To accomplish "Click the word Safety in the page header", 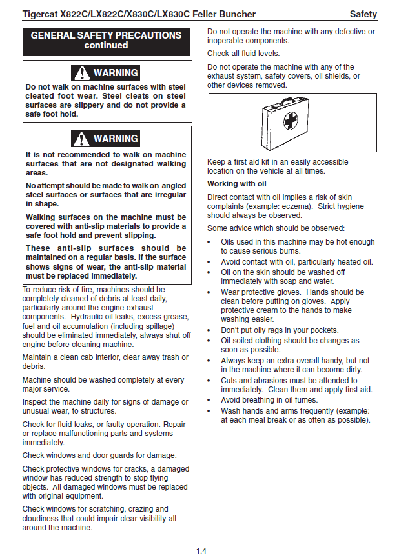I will [363, 14].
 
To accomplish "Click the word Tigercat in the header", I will [41, 14].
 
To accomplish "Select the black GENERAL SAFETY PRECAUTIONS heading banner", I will [107, 41].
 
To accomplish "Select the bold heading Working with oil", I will [232, 184].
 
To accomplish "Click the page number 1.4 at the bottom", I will [201, 550].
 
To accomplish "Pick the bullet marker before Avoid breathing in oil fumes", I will [210, 400].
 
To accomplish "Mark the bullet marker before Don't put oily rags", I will [210, 330].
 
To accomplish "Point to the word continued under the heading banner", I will [106, 46].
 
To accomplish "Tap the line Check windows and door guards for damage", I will [99, 455].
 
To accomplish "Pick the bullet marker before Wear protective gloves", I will [210, 292].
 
